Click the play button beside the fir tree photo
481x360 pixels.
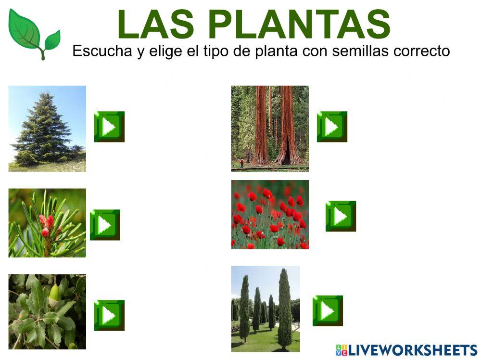pos(109,127)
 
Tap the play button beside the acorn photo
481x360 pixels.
pos(109,315)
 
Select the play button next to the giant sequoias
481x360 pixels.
pos(332,127)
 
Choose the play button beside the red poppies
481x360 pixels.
pos(341,216)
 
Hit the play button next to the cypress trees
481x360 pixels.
pos(328,310)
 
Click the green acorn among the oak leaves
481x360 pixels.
pos(55,293)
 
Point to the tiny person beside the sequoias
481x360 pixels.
pos(241,164)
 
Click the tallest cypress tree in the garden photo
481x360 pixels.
pos(285,308)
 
